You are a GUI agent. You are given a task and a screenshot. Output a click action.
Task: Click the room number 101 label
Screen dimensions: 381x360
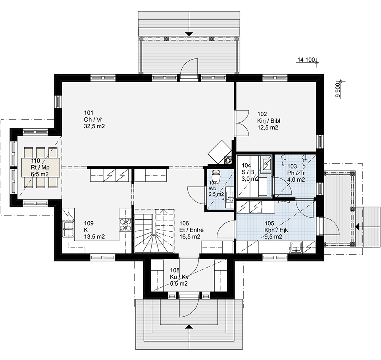pos(89,112)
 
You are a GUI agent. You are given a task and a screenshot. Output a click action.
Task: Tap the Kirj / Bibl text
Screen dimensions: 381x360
pos(269,121)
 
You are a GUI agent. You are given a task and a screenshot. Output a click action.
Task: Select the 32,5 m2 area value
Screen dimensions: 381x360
pos(94,126)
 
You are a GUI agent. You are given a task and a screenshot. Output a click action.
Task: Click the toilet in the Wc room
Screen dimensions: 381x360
pos(216,177)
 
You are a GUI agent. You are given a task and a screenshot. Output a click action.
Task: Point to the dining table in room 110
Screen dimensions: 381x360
pos(40,167)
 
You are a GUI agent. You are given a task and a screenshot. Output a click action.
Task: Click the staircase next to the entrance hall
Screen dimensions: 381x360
pos(154,231)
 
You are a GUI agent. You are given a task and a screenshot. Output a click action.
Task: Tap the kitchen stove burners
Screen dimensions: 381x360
pos(125,225)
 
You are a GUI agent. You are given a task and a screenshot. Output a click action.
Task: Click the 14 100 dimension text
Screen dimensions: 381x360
pos(306,60)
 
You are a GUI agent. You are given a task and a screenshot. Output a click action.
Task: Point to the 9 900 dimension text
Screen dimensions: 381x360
pos(337,91)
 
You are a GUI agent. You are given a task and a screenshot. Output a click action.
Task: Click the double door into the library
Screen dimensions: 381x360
pos(242,123)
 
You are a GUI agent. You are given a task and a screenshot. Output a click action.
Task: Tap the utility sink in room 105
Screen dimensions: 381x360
pos(296,247)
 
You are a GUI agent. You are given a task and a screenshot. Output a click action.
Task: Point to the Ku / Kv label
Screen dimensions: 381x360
pos(179,277)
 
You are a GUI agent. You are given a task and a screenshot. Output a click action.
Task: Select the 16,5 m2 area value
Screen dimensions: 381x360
pos(190,237)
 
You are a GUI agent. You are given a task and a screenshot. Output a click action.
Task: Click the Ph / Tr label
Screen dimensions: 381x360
pos(296,173)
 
